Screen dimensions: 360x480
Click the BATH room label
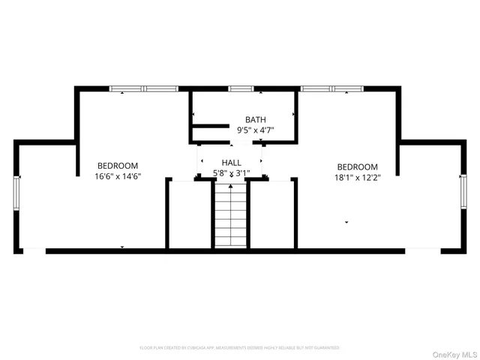(256, 120)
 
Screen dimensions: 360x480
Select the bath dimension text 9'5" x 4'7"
(256, 130)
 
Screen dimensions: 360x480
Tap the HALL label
(231, 163)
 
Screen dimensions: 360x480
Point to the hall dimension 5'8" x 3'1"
(231, 173)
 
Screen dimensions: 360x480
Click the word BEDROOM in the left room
(118, 166)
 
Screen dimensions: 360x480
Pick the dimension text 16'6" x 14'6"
(118, 176)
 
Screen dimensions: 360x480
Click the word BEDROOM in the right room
(357, 166)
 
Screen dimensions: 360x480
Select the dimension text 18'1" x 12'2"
(357, 177)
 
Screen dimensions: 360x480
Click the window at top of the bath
(241, 89)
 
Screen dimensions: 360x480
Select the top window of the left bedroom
(139, 89)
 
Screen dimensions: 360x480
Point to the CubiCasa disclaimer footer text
(239, 348)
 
